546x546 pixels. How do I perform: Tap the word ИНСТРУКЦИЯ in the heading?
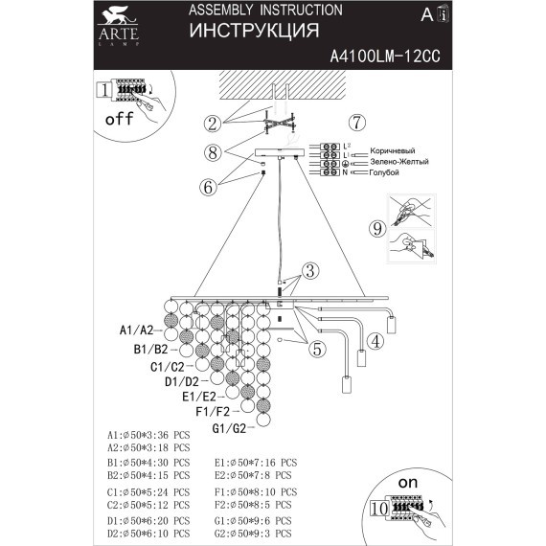click(253, 31)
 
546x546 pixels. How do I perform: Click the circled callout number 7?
click(356, 123)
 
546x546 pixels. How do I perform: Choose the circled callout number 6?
click(208, 188)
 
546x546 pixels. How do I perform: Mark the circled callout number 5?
click(316, 350)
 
